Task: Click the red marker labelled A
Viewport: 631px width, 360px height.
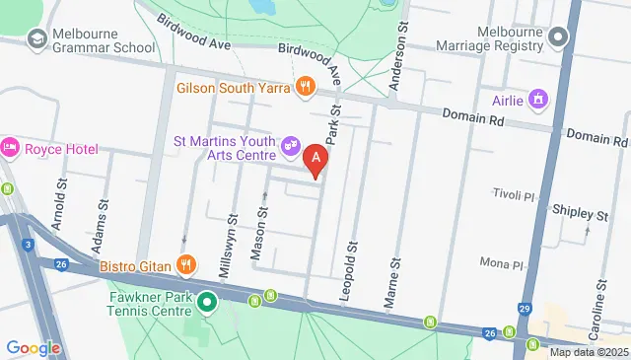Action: (x=315, y=159)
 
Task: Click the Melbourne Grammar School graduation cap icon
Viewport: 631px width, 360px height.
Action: (x=37, y=38)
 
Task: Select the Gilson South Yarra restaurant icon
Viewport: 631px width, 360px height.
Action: (x=306, y=87)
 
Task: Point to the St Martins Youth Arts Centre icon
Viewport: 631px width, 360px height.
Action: (x=292, y=146)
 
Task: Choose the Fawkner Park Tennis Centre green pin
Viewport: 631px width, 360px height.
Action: (x=207, y=303)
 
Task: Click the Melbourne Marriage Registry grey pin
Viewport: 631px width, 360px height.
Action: (x=558, y=39)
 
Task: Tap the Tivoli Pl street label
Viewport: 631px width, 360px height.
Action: (x=513, y=195)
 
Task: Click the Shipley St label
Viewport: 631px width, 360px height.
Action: (x=580, y=214)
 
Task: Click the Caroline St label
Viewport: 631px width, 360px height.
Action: (x=598, y=281)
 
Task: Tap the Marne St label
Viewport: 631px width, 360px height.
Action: (x=396, y=278)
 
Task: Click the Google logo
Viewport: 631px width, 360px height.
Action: (x=33, y=347)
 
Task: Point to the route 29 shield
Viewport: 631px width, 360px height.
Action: (x=525, y=310)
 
